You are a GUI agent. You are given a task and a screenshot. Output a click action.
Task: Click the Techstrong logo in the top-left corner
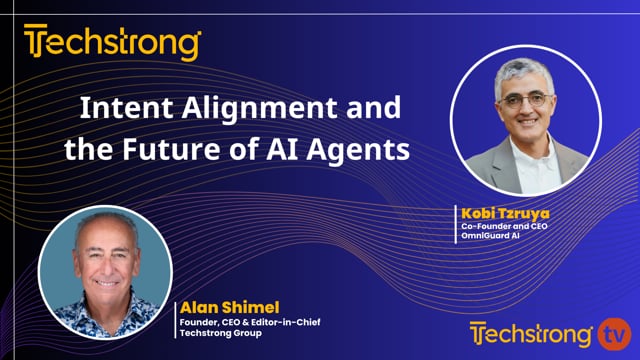[113, 44]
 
